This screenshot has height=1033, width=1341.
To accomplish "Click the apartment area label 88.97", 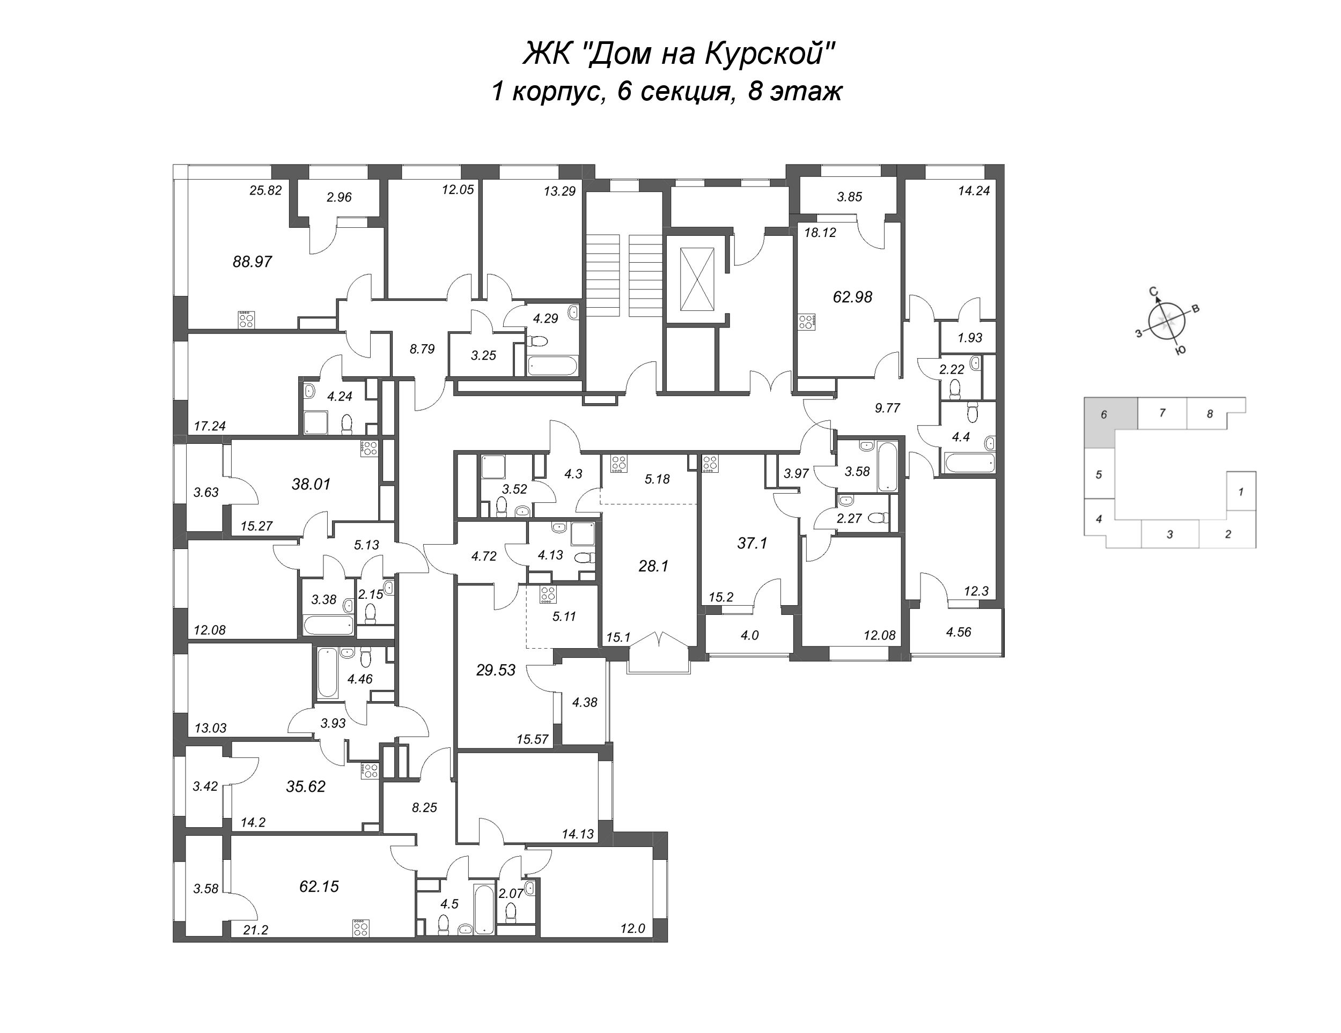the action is pos(252,262).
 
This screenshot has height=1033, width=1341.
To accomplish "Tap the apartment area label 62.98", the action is pos(852,297).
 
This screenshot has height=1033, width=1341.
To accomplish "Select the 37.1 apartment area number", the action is pos(752,543).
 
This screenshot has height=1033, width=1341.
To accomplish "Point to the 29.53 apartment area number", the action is pos(496,670).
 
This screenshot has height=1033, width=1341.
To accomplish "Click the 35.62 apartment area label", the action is pos(305,786).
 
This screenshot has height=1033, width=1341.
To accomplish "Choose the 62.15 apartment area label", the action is pos(319,886).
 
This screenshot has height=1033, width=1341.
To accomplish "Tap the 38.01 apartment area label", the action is pos(311,484).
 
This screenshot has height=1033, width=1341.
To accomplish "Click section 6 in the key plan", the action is pos(1104,415).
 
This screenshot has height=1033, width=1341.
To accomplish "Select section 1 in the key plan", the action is pos(1241,492).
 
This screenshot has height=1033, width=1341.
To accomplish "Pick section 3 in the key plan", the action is pos(1170,534).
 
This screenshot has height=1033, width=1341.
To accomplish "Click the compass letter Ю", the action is pos(1180,351).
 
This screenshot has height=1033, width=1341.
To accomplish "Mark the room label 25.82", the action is pos(266,190).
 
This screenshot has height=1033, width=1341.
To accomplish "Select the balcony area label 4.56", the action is pos(959,632).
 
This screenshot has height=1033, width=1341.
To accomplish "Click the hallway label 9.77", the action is pos(887,407).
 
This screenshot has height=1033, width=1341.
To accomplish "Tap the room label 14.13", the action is pos(577,834).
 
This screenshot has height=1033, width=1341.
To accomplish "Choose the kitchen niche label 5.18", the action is pos(657,479).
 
